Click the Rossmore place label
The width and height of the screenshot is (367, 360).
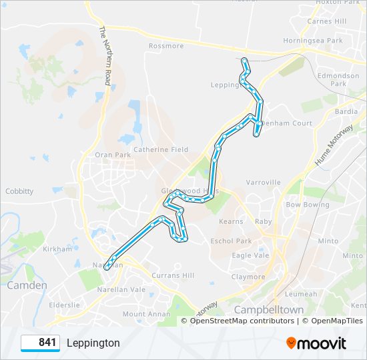coord(166,46)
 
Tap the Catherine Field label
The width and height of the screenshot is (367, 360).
coord(161,149)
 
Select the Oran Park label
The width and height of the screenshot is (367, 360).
coord(113,155)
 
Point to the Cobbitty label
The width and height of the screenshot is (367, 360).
coord(19,191)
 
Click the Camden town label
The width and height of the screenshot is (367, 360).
coord(27,285)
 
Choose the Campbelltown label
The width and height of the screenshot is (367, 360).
coord(269,310)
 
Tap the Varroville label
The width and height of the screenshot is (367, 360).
coord(263,182)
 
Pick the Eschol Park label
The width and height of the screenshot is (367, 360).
coord(231,241)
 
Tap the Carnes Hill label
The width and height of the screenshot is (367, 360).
coord(326,21)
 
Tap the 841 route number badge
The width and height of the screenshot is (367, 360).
coord(41,343)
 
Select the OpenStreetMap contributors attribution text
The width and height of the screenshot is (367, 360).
coord(242,321)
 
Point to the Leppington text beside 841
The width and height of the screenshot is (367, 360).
coord(93,343)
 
